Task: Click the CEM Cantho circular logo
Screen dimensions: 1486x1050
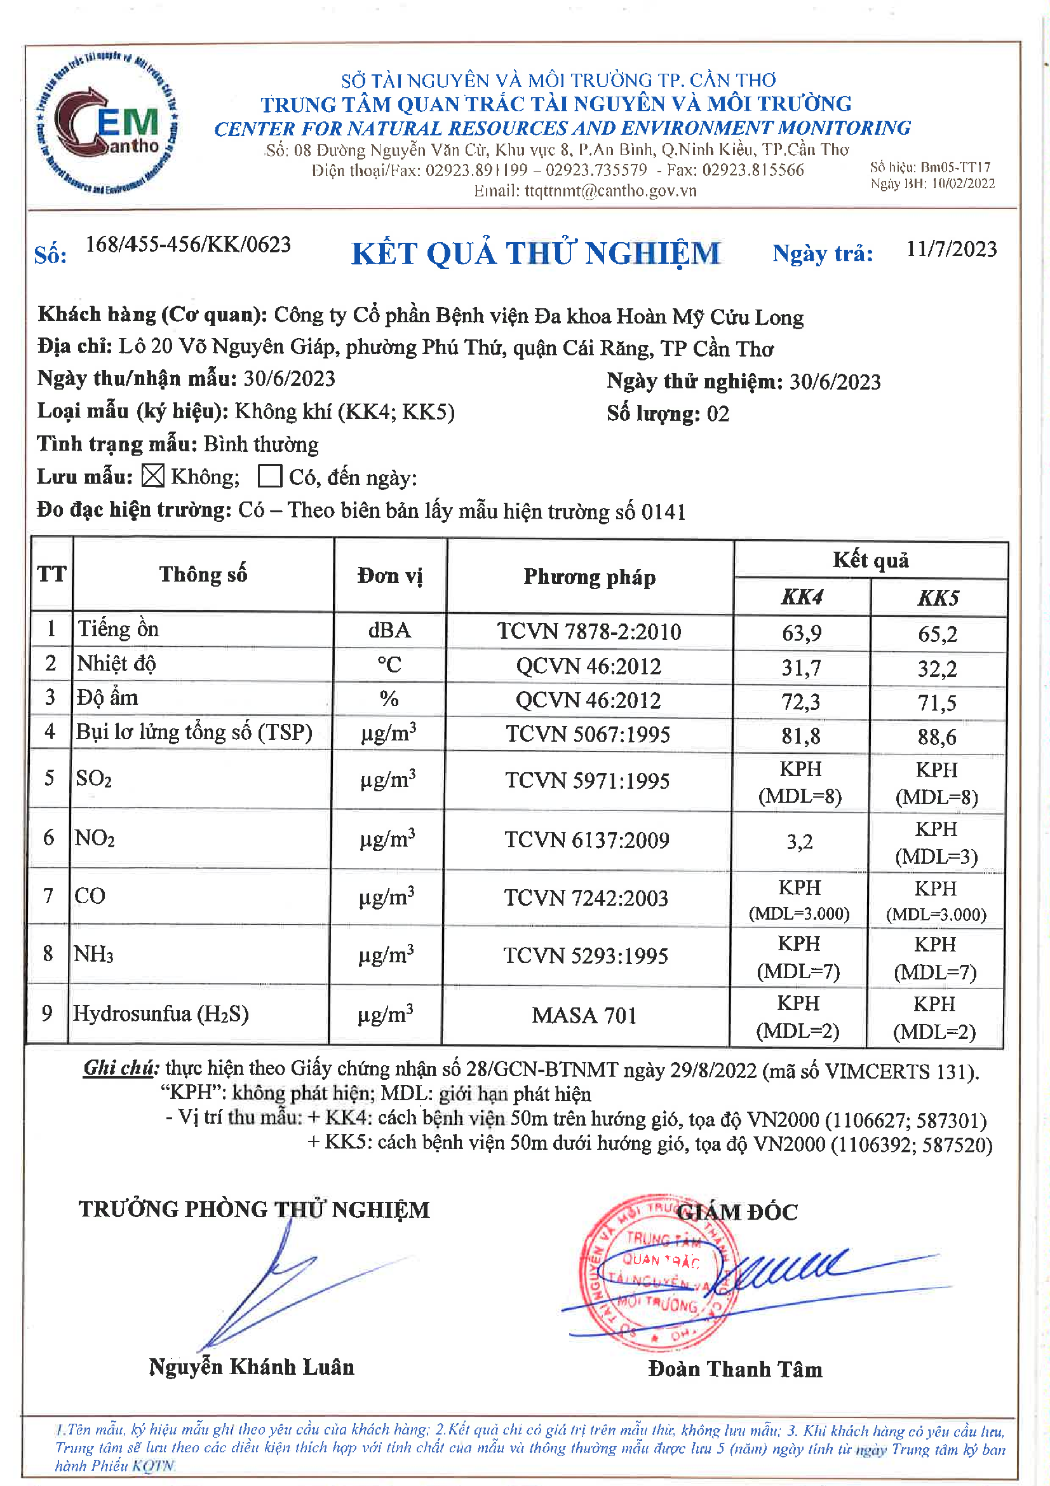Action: point(107,123)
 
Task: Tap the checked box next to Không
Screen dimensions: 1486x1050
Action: point(153,476)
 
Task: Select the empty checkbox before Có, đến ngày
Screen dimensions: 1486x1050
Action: point(270,476)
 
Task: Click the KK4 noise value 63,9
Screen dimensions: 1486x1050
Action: point(802,632)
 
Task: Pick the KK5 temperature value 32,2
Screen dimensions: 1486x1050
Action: point(938,668)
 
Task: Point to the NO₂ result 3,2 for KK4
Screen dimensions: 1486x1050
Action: point(800,842)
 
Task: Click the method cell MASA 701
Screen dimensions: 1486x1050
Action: point(584,1015)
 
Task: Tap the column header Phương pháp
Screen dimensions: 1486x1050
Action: point(589,576)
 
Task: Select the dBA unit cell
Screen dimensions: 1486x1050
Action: point(389,631)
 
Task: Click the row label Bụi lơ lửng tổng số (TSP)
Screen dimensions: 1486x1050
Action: point(194,732)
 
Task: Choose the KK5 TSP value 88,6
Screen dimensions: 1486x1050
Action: point(937,737)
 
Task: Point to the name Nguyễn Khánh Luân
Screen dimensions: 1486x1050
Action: point(252,1367)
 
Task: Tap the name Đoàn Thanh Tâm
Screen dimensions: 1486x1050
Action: point(735,1369)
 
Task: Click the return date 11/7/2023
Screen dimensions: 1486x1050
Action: point(951,249)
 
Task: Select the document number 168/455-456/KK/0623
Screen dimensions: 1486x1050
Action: point(188,245)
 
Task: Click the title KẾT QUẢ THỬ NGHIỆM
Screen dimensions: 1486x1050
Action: point(535,253)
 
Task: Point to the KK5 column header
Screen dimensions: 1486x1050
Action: point(938,597)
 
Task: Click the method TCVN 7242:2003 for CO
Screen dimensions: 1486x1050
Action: point(586,897)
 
